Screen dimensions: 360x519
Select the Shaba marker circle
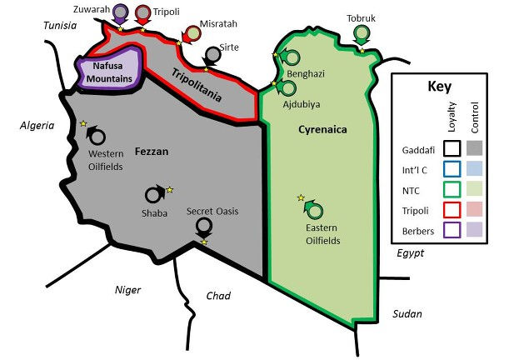[154, 196]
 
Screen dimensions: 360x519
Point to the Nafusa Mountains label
[111, 72]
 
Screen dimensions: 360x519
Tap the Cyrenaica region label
[322, 129]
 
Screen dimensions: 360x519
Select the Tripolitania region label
[197, 84]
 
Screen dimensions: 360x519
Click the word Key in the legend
[439, 87]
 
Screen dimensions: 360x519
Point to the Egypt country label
[410, 252]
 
